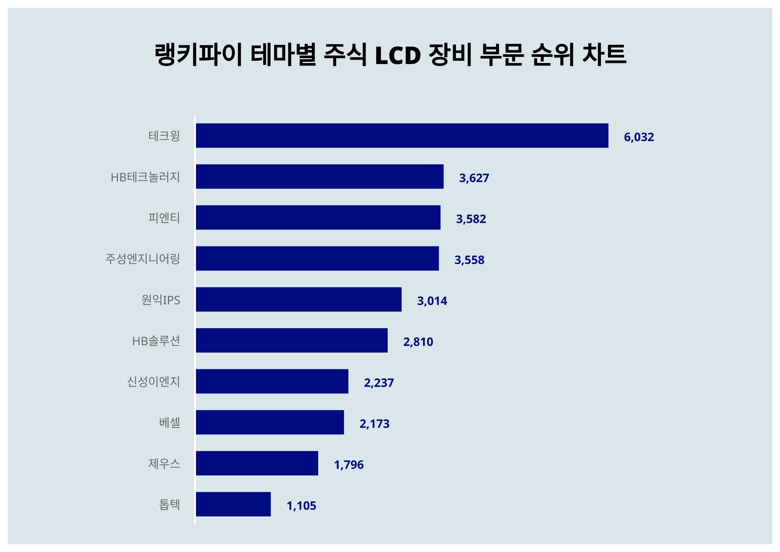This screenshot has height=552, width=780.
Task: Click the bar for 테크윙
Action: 402,136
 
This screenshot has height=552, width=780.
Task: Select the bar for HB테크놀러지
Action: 320,177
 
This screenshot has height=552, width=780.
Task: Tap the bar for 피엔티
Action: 318,217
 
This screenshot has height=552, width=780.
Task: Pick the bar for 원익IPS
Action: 299,299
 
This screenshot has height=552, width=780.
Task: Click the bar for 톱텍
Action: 233,504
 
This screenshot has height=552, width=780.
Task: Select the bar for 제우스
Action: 257,463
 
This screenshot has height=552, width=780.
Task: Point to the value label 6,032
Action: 639,137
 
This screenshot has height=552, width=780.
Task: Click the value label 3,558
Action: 469,260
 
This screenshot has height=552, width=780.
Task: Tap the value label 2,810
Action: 418,342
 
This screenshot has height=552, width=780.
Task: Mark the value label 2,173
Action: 374,424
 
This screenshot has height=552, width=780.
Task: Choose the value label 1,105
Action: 301,506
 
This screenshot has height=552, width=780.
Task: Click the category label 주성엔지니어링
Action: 142,259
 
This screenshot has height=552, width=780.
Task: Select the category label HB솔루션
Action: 156,341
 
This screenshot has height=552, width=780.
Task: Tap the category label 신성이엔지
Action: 153,381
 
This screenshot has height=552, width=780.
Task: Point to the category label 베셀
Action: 169,423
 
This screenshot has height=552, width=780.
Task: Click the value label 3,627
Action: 474,178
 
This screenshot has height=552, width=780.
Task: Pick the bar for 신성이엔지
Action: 272,381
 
